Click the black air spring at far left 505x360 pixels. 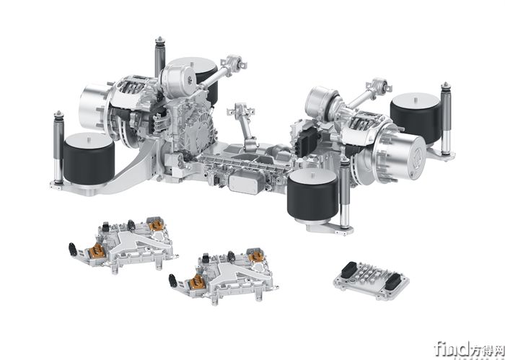click(89, 161)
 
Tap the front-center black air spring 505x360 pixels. click(312, 194)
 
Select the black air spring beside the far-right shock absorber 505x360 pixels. click(416, 120)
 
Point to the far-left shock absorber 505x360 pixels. click(58, 147)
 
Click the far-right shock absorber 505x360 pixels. click(446, 118)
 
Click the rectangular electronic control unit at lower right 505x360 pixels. click(371, 281)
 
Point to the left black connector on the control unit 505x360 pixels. click(348, 270)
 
